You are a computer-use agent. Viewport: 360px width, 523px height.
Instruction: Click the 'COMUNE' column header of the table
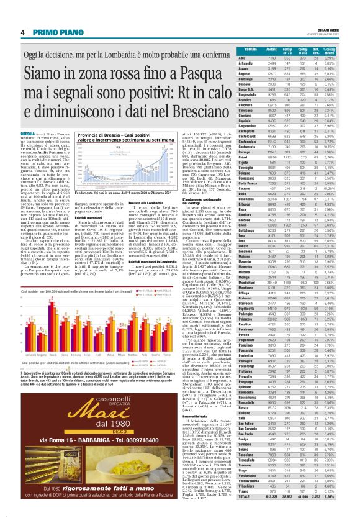251,49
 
